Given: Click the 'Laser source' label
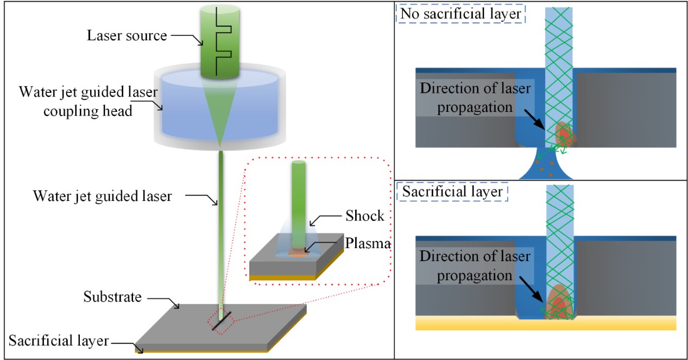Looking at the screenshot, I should (x=126, y=36).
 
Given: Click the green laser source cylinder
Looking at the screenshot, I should (x=209, y=60).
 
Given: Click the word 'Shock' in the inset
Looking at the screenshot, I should (x=364, y=216).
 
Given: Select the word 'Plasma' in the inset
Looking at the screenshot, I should (x=368, y=244).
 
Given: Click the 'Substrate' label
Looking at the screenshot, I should (x=112, y=297).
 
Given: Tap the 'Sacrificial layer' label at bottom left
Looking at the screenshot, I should (x=59, y=341).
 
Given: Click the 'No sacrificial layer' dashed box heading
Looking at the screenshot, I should (x=461, y=13).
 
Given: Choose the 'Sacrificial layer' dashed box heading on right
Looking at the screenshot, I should (x=452, y=192).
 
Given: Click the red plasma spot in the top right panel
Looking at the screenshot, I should (x=564, y=132).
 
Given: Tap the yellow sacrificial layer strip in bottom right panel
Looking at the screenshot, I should (x=545, y=324).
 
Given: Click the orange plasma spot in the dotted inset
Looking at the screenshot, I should (x=298, y=252).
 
